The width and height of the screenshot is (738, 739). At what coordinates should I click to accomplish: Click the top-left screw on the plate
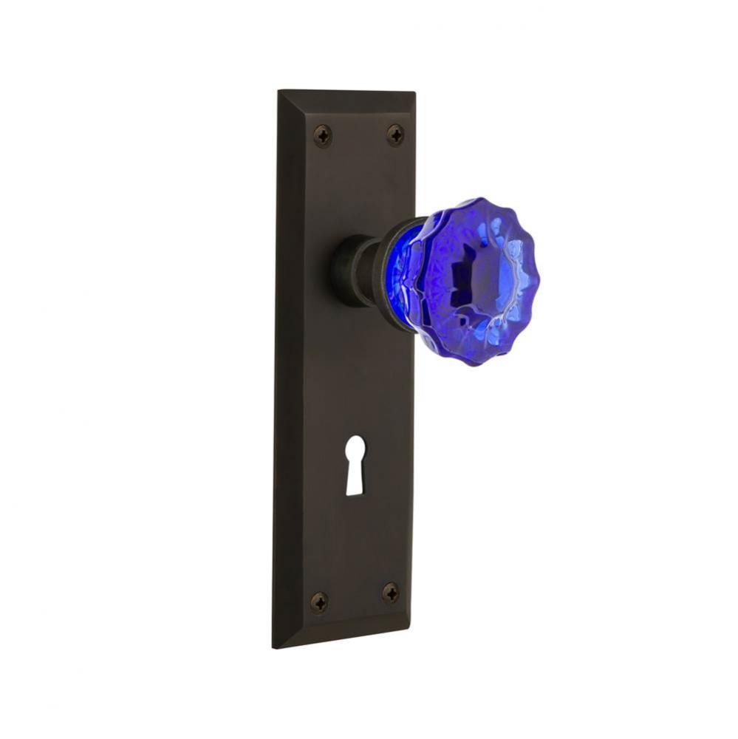pyautogui.click(x=323, y=135)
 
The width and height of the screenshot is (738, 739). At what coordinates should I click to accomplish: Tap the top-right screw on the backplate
pyautogui.click(x=395, y=134)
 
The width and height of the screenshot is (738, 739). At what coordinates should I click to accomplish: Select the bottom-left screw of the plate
pyautogui.click(x=319, y=602)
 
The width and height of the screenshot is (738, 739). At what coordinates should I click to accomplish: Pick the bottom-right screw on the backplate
pyautogui.click(x=390, y=593)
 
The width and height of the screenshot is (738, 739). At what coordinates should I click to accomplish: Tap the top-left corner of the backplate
pyautogui.click(x=279, y=92)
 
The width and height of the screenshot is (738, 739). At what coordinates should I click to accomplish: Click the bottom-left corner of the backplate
pyautogui.click(x=274, y=646)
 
